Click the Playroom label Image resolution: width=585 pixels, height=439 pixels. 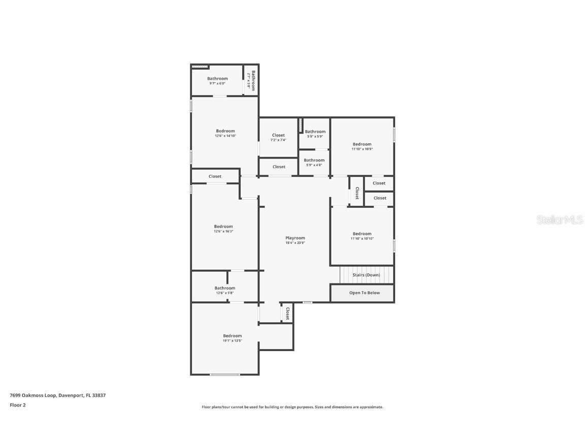click(295, 238)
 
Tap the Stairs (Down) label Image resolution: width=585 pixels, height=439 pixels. click(366, 275)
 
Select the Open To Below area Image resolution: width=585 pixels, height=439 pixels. click(364, 293)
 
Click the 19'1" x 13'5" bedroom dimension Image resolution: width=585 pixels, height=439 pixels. click(232, 340)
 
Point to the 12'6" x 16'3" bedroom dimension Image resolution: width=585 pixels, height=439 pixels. click(223, 231)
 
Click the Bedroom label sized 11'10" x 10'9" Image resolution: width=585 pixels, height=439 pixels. click(362, 144)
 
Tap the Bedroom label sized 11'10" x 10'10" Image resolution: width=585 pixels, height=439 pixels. click(362, 234)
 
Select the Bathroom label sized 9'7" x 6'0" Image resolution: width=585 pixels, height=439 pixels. click(217, 78)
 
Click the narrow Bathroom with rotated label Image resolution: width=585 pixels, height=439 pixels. click(251, 80)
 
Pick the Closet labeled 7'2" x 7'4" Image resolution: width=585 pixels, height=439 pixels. click(278, 135)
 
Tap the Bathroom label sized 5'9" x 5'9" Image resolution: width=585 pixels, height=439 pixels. click(315, 132)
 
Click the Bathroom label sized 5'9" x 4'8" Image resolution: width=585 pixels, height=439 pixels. click(314, 160)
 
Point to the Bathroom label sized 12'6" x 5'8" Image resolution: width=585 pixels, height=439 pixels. click(224, 288)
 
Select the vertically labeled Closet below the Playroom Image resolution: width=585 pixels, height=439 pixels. click(287, 313)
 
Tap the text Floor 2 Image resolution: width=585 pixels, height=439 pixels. click(17, 405)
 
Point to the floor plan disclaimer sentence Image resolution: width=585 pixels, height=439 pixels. click(292, 407)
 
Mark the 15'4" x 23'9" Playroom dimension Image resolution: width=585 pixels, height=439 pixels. click(295, 243)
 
